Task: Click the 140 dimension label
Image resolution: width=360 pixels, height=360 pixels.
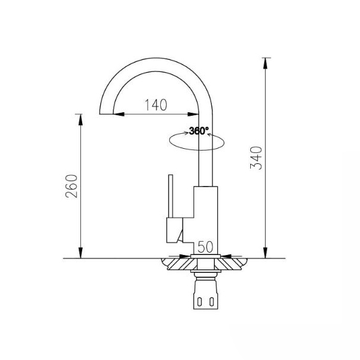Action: point(155,105)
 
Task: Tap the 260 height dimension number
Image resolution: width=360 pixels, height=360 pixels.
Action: point(71,186)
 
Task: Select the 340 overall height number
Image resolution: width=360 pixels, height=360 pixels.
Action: point(256,158)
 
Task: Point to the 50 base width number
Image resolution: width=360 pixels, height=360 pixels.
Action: point(205,247)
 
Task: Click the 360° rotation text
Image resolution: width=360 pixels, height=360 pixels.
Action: point(199,131)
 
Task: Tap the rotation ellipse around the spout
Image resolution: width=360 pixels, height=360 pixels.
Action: point(197,150)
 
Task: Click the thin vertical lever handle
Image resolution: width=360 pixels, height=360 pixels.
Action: point(170,196)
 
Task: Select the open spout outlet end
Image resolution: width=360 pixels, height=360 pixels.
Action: point(106,114)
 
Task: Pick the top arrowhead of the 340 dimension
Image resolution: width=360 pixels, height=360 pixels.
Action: point(265,63)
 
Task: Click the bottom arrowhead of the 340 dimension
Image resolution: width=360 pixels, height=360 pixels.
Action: point(265,253)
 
